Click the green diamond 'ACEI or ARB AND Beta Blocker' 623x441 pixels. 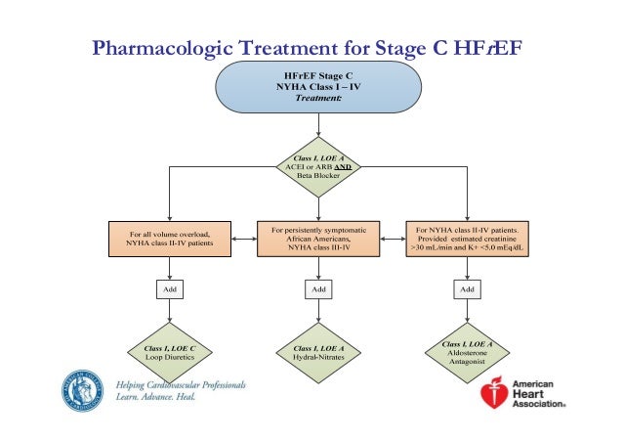tap(316, 167)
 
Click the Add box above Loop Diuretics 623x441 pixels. tap(170, 289)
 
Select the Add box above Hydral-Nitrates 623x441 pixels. tap(317, 289)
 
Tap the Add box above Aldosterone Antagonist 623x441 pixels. tap(467, 289)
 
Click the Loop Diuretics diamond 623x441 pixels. tap(170, 352)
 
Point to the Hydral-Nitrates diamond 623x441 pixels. tap(317, 352)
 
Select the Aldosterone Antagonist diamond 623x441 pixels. tap(467, 351)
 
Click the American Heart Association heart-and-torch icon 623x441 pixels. tap(496, 392)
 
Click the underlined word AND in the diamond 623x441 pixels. tap(342, 167)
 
